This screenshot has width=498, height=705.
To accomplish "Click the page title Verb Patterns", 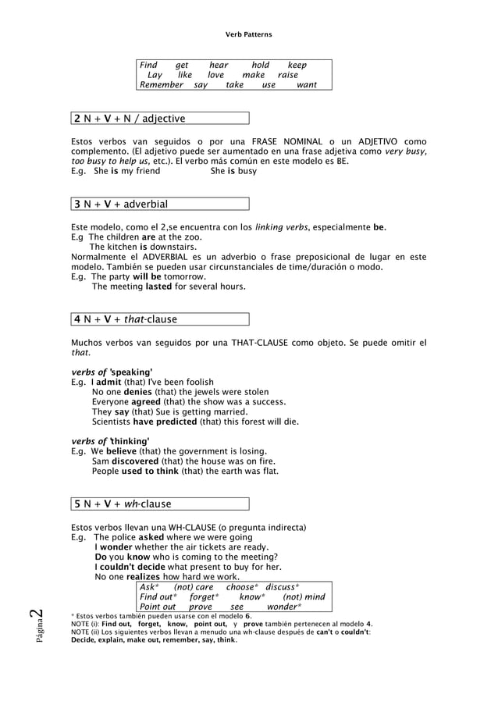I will (248, 35).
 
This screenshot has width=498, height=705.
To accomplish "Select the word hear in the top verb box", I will (219, 65).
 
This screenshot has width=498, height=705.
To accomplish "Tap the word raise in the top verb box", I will (288, 75).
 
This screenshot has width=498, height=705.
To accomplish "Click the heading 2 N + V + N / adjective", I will (130, 119).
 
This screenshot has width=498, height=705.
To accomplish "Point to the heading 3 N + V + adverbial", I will (121, 204).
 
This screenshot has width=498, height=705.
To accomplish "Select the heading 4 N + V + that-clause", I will (126, 319).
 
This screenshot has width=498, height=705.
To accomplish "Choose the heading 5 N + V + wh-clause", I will (123, 504).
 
